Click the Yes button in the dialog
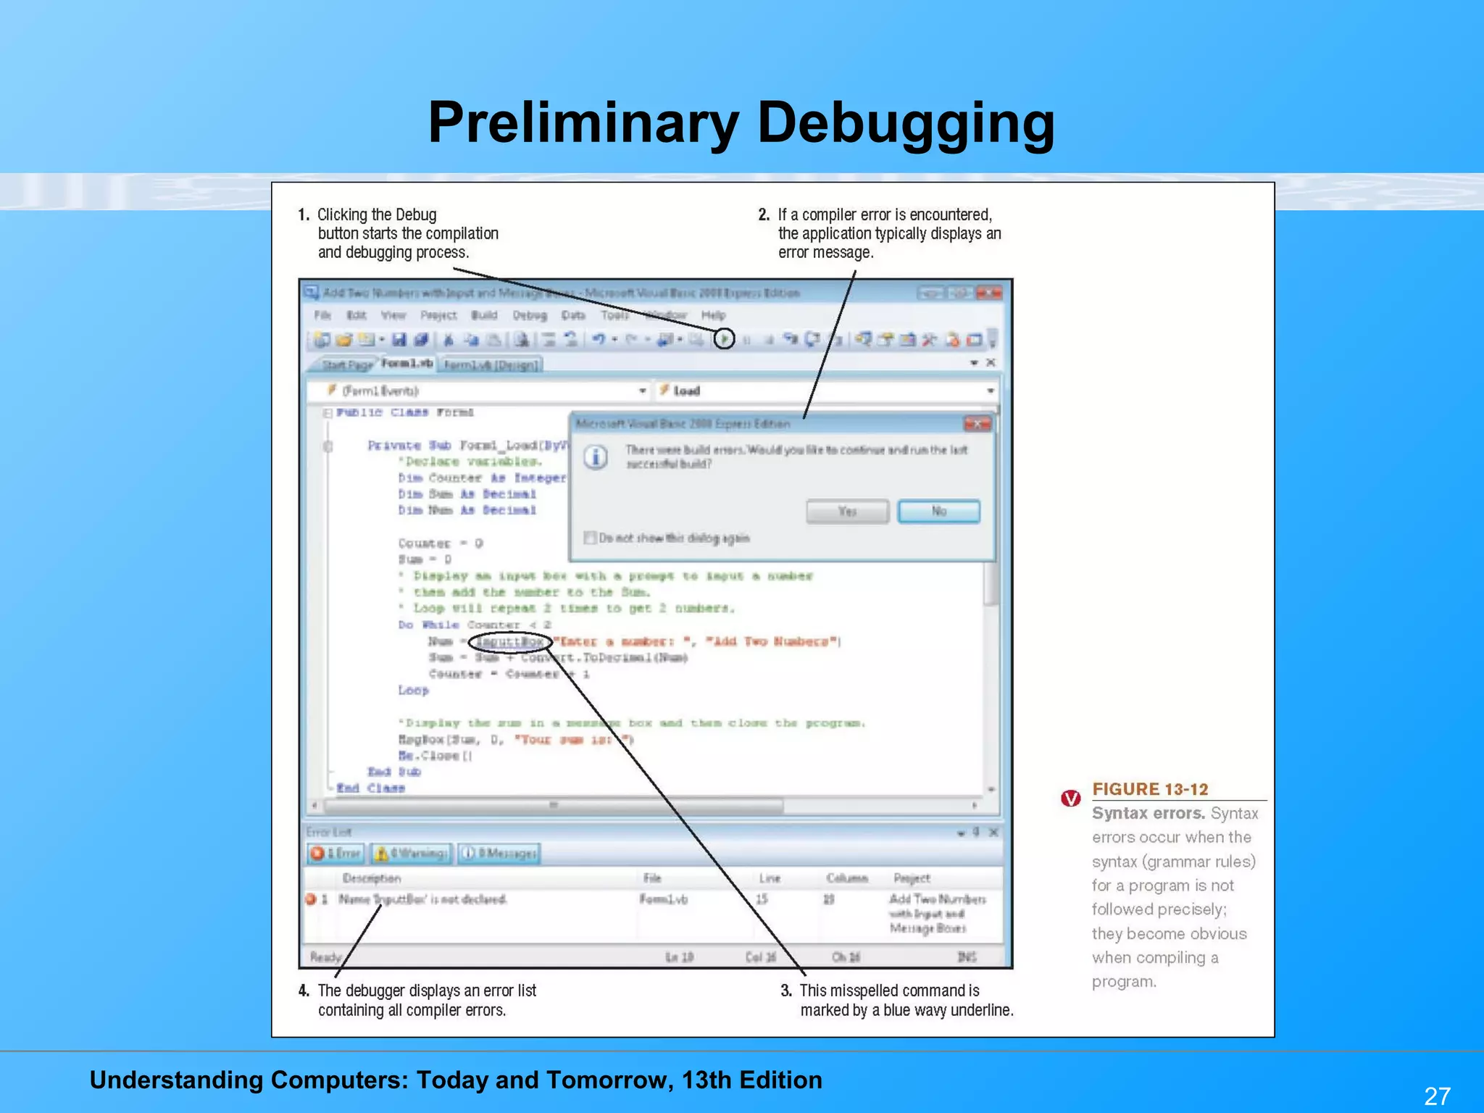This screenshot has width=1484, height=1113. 847,512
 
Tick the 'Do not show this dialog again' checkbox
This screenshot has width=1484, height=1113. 590,538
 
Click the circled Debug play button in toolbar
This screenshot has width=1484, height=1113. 724,338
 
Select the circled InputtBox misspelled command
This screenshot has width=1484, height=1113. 509,642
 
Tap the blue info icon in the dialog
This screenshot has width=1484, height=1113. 596,458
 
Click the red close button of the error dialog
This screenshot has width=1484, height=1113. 977,424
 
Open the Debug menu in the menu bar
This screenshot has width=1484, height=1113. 530,315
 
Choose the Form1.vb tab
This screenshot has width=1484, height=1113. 407,363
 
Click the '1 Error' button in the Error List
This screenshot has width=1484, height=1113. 335,853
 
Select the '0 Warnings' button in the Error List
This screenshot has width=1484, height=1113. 411,853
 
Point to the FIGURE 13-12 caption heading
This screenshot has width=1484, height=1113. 1150,789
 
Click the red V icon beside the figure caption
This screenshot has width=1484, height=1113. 1070,799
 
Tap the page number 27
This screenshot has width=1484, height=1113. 1437,1096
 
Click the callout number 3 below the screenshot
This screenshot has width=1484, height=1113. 786,991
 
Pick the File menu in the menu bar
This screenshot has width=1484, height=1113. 322,315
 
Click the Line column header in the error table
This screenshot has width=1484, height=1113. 770,878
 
